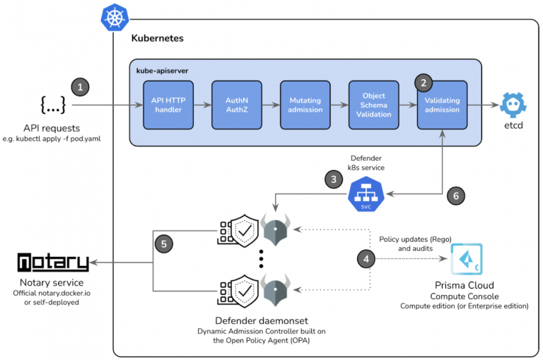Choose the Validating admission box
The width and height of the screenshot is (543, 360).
pos(442,105)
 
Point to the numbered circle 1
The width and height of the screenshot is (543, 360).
pos(81,87)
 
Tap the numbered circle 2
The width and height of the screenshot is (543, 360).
pos(424,83)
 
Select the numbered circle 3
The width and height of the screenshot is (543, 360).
pos(332,180)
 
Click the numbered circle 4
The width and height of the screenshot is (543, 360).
pos(366,259)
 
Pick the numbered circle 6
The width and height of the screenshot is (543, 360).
pos(456,196)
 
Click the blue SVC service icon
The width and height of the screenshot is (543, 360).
pos(366,194)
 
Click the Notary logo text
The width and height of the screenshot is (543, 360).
pos(54,263)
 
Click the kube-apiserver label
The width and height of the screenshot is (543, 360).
pos(163,71)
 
